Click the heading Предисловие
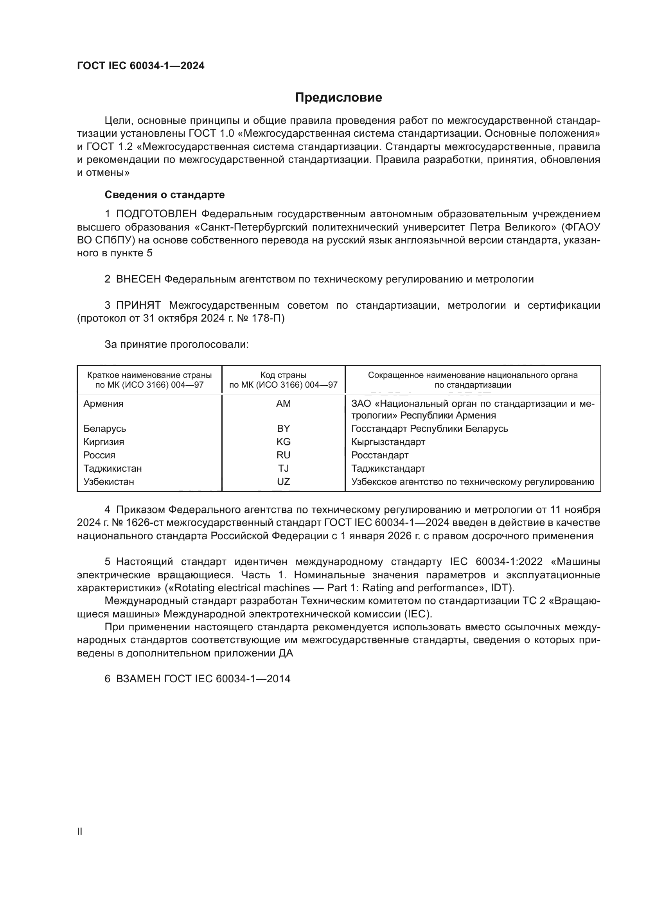point(338,98)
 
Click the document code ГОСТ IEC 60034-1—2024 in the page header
point(141,66)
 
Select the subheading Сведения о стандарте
point(165,195)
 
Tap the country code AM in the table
point(283,404)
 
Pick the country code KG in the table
point(283,442)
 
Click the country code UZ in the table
point(283,482)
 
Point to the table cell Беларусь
point(105,429)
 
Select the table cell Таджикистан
point(112,469)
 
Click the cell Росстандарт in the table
point(380,455)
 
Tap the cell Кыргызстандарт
point(388,442)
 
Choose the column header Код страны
point(283,375)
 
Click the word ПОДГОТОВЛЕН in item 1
point(156,214)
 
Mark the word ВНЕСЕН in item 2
point(138,279)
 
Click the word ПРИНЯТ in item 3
point(138,305)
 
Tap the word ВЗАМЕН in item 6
point(138,679)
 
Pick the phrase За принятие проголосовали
point(176,344)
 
